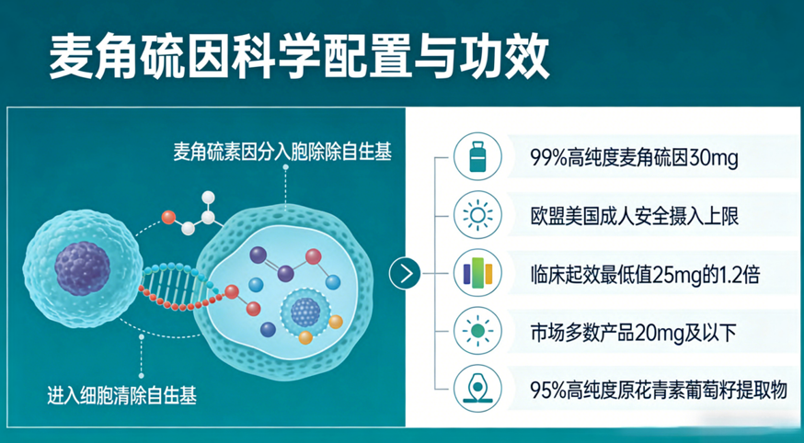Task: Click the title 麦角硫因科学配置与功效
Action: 300,56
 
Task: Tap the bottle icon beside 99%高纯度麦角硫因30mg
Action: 477,156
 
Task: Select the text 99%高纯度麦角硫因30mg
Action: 635,159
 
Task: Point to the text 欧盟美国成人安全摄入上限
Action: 635,217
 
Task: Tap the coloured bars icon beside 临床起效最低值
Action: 477,273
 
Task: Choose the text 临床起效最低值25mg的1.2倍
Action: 645,276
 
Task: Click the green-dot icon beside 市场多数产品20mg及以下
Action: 477,331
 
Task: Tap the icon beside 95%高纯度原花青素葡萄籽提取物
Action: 477,389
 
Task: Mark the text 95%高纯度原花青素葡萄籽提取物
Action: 659,391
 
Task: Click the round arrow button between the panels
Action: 405,274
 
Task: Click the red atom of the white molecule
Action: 168,218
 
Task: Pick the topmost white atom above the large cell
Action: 208,198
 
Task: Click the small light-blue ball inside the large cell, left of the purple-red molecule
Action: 256,285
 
